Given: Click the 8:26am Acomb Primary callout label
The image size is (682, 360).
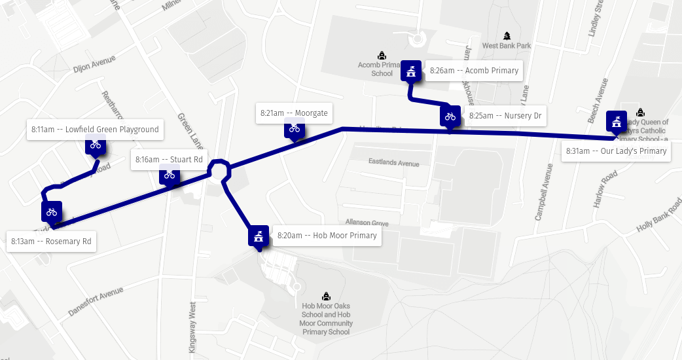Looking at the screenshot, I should point(474,71).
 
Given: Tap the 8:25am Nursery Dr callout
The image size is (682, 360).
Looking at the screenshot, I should point(504,117).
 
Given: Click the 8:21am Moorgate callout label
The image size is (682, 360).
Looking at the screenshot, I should point(293,113).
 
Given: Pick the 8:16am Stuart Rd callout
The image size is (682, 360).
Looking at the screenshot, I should point(168,160).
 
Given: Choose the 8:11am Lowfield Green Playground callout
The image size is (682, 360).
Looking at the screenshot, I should point(94,130).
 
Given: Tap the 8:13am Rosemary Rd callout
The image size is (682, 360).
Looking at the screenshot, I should point(50,242).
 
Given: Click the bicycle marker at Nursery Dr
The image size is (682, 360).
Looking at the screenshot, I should point(450,117).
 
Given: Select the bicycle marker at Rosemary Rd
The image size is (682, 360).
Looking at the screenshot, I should point(52,212).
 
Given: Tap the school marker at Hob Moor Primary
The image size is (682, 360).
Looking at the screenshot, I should point(259,236).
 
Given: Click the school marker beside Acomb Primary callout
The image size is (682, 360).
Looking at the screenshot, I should point(411,71).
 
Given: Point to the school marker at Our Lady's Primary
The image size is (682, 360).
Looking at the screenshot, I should point(616,122).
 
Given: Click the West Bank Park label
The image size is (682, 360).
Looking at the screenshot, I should point(507,46).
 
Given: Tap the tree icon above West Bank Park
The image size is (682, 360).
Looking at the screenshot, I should point(507,35).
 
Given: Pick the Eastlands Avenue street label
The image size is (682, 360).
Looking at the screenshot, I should point(393,162).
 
